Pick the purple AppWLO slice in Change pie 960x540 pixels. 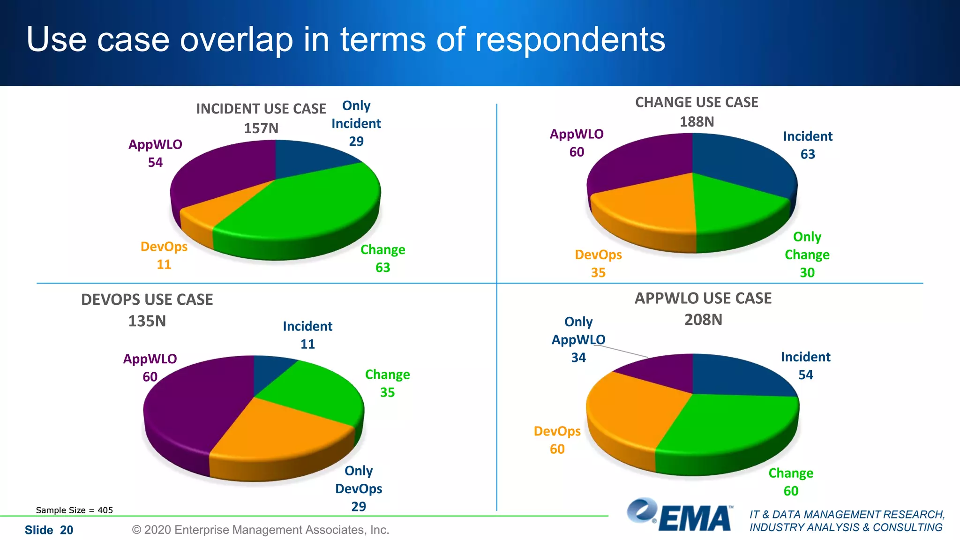642,162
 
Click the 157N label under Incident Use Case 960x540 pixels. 261,128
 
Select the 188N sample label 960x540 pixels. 697,122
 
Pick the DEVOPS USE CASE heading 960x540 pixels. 147,300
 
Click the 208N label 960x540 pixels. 703,320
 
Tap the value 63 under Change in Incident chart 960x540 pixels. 383,268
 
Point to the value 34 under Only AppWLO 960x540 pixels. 578,358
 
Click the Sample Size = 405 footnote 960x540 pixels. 75,510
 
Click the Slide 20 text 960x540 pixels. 49,530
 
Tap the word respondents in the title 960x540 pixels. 570,40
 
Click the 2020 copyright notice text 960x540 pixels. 261,530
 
